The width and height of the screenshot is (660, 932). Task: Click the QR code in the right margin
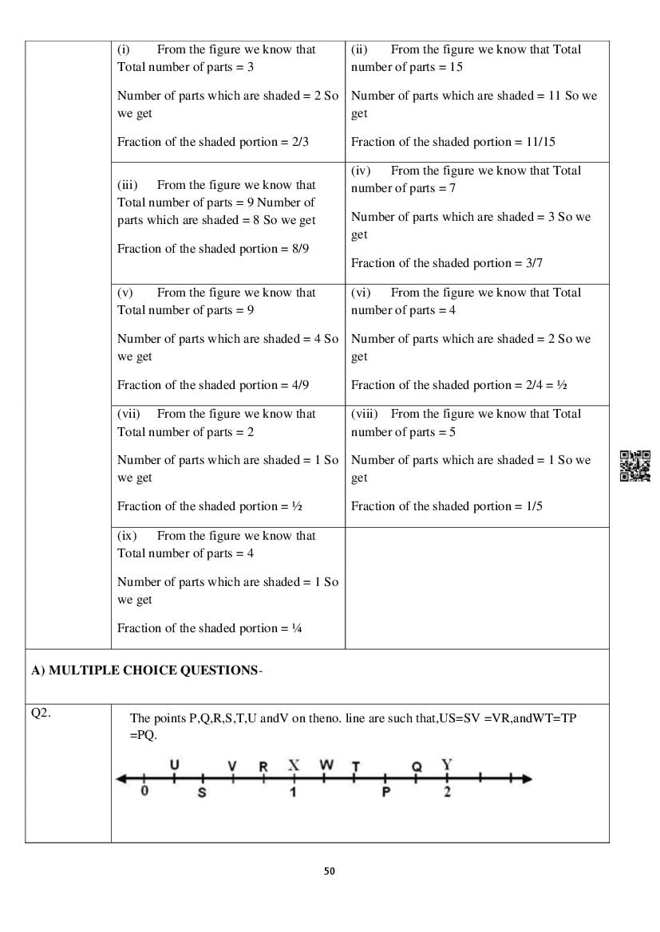click(635, 466)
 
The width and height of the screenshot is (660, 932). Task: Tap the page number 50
click(330, 871)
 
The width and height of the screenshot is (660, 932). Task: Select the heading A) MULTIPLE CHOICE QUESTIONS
click(144, 670)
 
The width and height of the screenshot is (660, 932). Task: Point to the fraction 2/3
click(299, 142)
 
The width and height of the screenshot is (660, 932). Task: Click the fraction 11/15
click(540, 142)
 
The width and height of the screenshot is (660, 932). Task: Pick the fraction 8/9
click(299, 249)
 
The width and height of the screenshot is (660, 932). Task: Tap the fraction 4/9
click(299, 385)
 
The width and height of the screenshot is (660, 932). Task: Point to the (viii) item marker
click(366, 414)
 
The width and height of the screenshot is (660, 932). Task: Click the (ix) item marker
click(127, 536)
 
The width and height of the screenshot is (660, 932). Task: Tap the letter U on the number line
click(175, 765)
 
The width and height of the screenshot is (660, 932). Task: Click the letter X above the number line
click(294, 765)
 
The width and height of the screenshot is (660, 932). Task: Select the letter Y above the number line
click(447, 765)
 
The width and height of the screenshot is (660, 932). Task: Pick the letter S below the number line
click(202, 793)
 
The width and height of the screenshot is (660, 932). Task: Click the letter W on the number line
click(326, 765)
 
